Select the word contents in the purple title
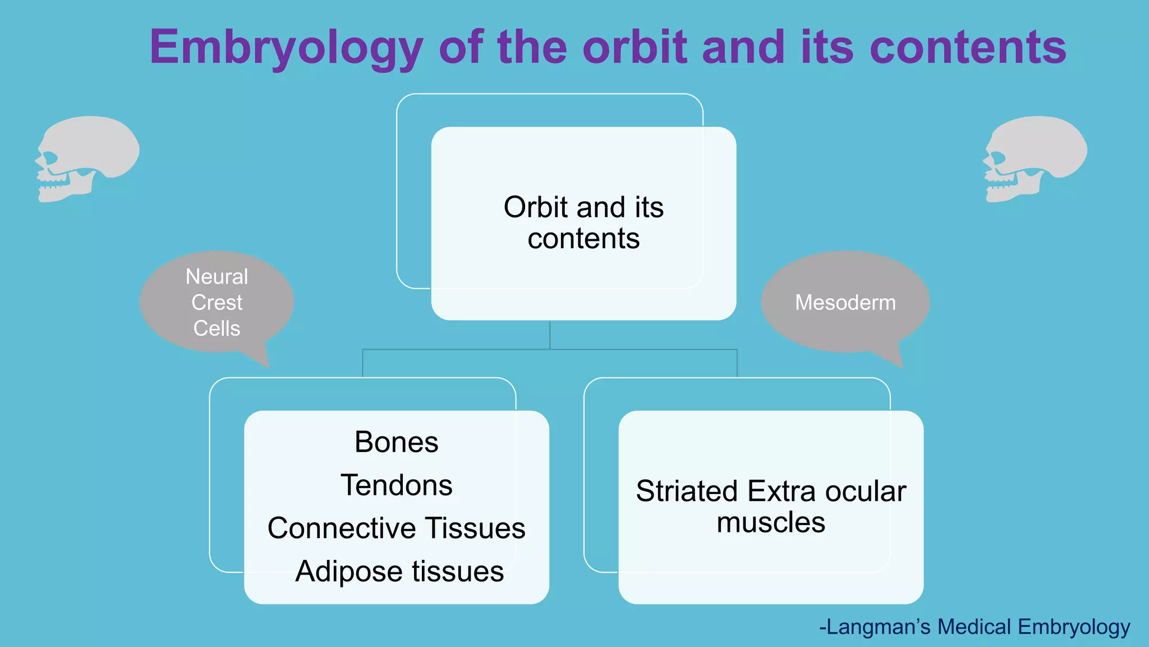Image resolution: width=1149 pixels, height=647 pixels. (968, 48)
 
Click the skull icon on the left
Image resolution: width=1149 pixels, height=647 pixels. (87, 158)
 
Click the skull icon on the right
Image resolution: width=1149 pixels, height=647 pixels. (1035, 158)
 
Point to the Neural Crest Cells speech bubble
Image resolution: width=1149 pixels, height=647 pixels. (217, 302)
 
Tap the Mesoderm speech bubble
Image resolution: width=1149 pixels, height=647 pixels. (845, 302)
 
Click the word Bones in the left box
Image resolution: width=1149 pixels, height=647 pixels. (396, 442)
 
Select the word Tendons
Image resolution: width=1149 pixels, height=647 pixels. (396, 485)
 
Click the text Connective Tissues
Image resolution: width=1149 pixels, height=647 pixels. (396, 528)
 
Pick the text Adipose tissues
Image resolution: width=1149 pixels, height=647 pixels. (399, 571)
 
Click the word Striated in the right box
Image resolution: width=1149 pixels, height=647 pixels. (687, 491)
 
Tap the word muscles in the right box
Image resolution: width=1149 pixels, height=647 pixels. (771, 522)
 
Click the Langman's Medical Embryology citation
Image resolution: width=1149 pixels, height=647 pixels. (975, 627)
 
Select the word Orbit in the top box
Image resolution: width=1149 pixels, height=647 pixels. (536, 207)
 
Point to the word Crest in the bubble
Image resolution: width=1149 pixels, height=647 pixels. (217, 303)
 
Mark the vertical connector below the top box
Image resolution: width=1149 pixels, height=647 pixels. (550, 335)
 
